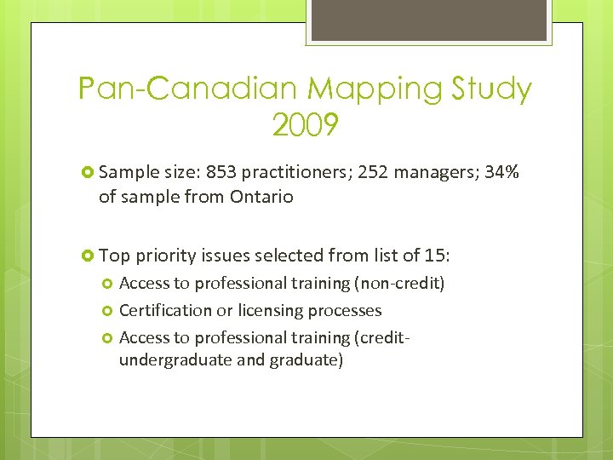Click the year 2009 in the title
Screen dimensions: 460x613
[x=306, y=126]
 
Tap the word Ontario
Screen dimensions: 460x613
[x=261, y=197]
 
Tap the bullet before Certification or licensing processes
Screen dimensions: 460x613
[x=107, y=311]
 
